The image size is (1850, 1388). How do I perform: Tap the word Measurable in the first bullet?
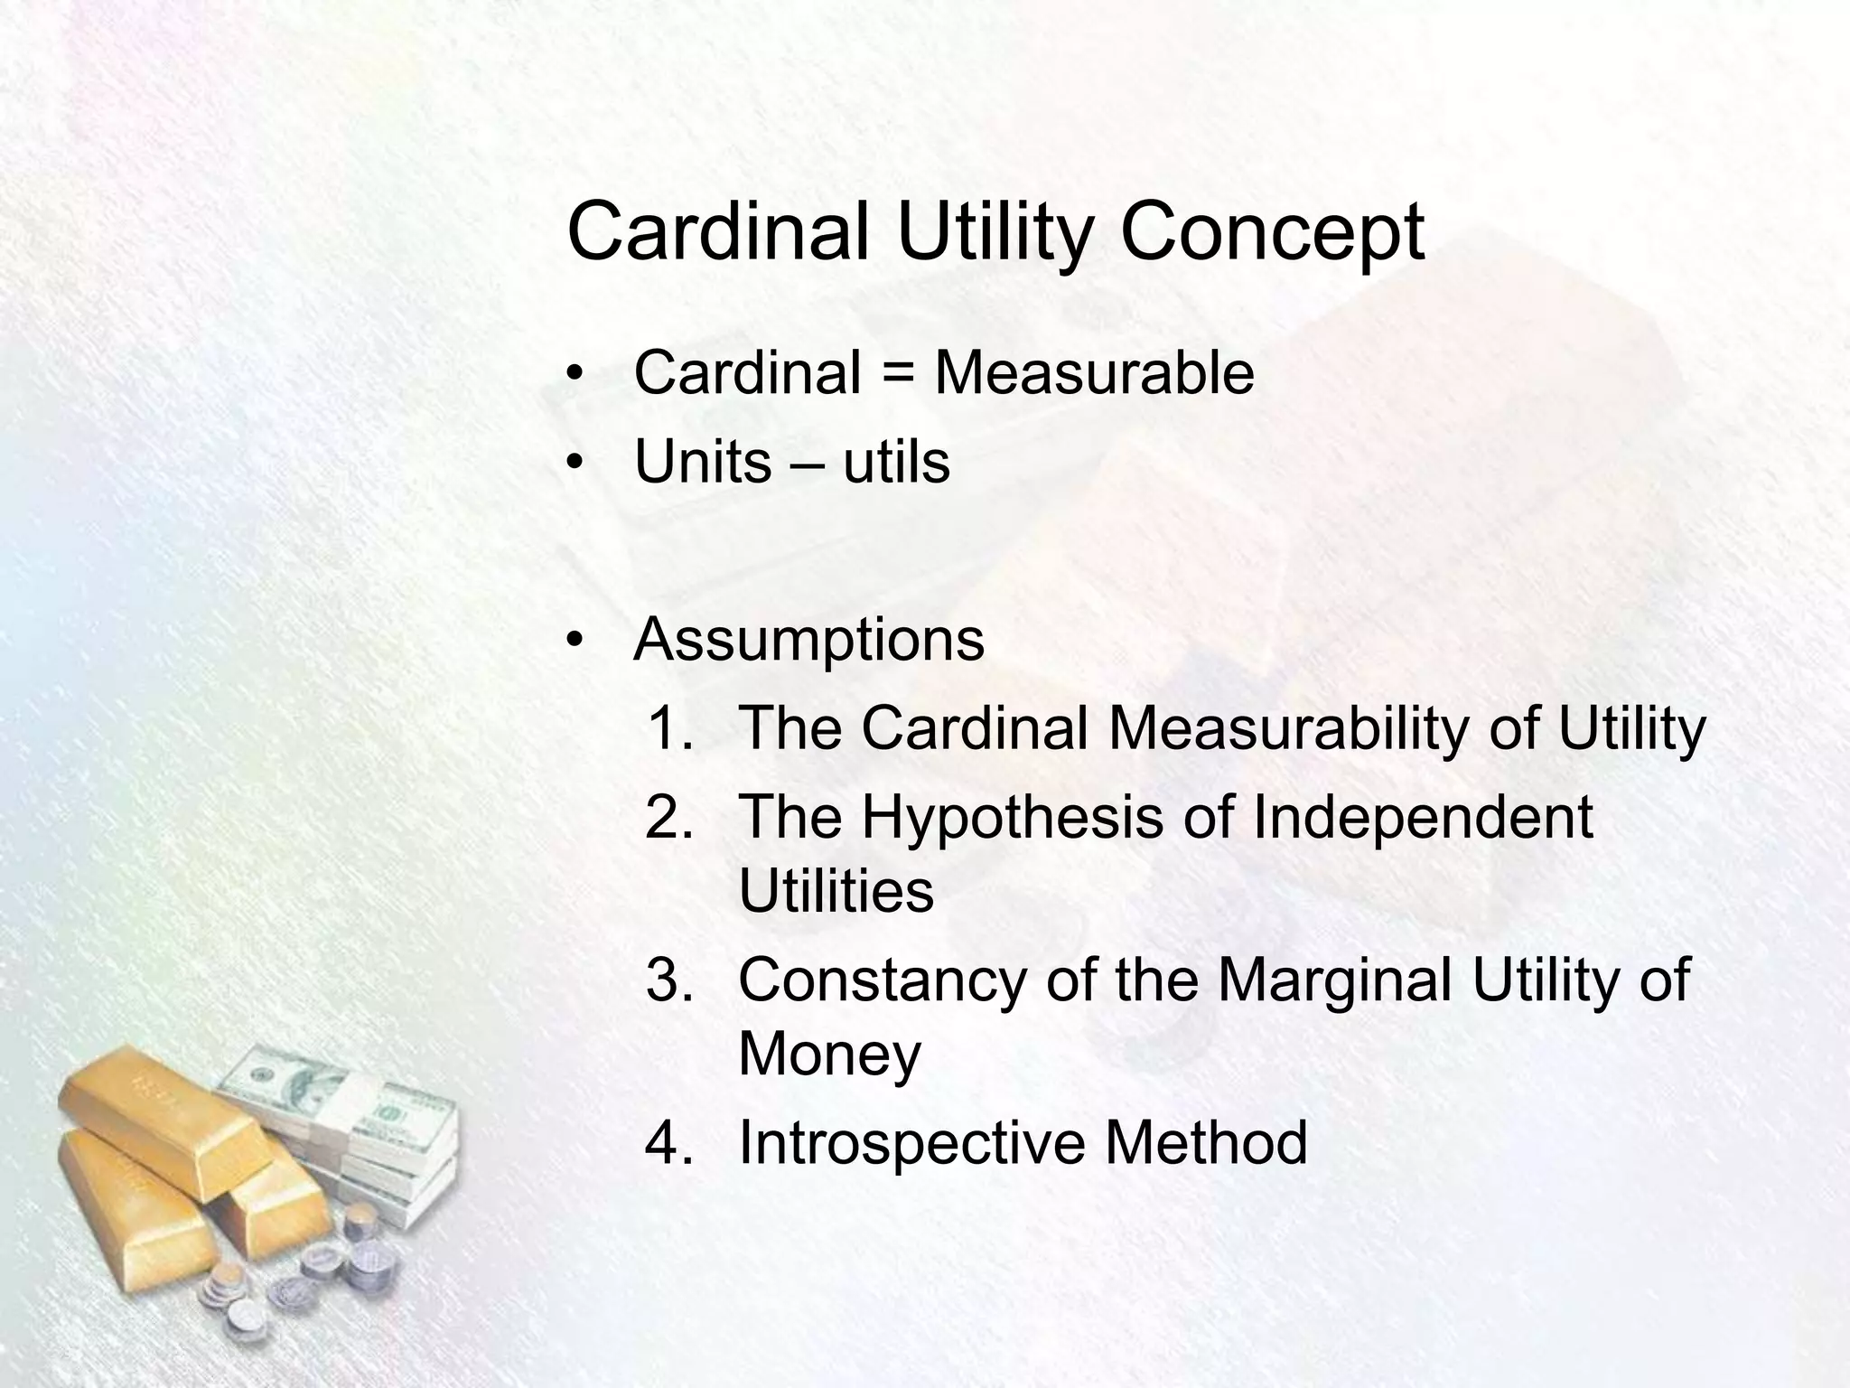coord(1094,373)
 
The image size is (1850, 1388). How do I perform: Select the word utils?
coord(896,463)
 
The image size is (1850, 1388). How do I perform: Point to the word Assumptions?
coord(809,641)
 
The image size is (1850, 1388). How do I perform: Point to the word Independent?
coord(1423,817)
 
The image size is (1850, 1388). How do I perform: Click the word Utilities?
coord(836,891)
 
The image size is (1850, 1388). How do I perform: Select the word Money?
coord(829,1054)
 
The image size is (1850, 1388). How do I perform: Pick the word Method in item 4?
coord(1206,1143)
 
